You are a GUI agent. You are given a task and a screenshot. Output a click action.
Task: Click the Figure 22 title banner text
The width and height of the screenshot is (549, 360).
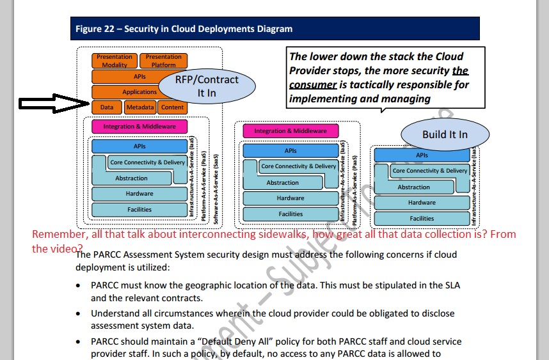184,29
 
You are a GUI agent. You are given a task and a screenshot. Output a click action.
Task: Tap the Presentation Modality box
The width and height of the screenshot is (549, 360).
115,61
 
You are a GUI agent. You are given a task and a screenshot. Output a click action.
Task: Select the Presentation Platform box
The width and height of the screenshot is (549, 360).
163,61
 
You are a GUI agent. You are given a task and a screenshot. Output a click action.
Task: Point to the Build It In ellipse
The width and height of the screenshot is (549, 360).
445,134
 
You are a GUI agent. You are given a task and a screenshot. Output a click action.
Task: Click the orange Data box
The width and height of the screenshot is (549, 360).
106,107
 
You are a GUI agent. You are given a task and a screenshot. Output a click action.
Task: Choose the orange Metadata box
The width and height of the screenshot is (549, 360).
139,107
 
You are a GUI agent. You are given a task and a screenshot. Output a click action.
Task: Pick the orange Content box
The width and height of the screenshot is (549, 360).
172,107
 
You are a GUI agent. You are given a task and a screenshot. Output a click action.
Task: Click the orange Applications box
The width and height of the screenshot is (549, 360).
139,92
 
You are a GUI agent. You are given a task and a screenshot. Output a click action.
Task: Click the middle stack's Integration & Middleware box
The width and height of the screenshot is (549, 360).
290,131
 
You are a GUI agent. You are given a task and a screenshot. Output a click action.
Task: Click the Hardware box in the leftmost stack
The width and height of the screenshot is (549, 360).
139,194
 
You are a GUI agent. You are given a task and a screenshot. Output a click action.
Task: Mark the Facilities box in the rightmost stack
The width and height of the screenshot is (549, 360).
422,219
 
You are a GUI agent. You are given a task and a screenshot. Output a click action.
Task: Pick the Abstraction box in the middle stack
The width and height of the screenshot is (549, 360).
282,183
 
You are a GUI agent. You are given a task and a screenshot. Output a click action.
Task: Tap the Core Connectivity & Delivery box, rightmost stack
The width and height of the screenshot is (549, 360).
429,171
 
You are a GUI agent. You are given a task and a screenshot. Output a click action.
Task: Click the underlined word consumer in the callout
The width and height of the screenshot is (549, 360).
313,85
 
